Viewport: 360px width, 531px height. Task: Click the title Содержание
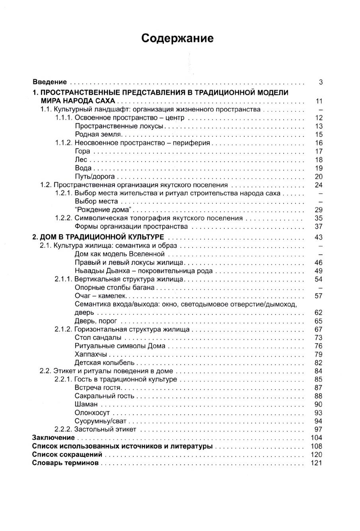(x=177, y=38)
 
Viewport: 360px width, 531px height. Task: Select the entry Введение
(x=49, y=82)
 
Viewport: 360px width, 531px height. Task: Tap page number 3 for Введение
(x=320, y=82)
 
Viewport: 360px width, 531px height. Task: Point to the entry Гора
(x=82, y=151)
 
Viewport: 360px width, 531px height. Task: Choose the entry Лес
(x=81, y=160)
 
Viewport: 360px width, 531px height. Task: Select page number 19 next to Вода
(x=318, y=168)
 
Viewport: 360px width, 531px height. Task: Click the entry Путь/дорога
(x=95, y=176)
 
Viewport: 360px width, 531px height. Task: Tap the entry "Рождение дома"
(x=103, y=210)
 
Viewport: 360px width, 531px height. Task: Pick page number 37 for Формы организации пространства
(x=318, y=226)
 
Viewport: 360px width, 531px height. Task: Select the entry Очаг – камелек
(x=100, y=296)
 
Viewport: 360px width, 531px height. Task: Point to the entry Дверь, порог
(x=95, y=321)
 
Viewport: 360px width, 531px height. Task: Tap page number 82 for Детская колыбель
(x=318, y=363)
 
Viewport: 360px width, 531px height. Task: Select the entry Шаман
(x=86, y=404)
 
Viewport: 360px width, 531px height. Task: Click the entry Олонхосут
(x=92, y=413)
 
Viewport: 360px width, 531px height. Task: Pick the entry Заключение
(x=53, y=437)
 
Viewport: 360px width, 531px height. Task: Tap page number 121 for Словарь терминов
(x=317, y=463)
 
